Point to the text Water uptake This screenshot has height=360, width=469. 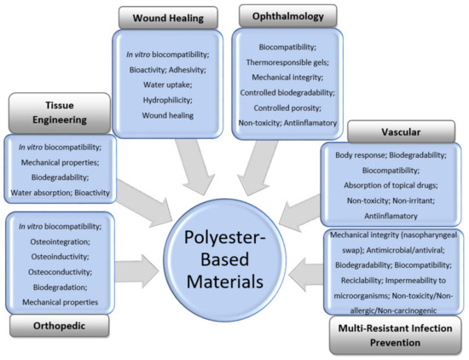[159, 85]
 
